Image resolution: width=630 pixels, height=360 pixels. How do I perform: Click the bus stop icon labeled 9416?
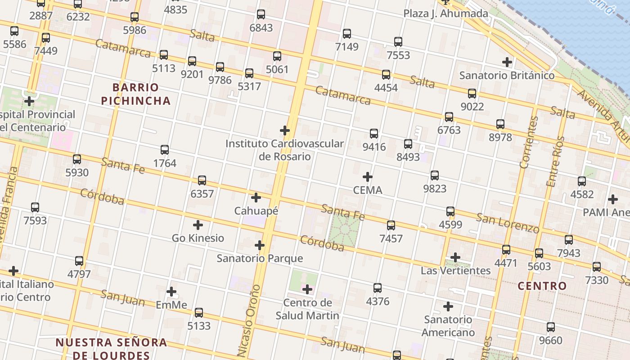tap(374, 134)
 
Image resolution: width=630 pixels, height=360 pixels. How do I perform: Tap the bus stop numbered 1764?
tap(165, 150)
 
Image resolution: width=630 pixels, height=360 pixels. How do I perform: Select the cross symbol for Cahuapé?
tap(256, 198)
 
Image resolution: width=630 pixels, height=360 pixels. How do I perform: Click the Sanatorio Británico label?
tap(507, 75)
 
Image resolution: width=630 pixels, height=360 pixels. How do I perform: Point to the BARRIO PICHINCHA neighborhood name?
tap(136, 94)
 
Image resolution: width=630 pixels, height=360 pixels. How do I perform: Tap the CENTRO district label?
tap(542, 286)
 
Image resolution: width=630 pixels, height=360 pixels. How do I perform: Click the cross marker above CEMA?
tap(368, 177)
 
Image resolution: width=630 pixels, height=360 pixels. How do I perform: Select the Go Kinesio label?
tap(198, 238)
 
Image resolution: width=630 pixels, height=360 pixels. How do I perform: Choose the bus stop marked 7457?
tap(391, 225)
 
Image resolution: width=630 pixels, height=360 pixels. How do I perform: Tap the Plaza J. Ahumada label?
tap(445, 13)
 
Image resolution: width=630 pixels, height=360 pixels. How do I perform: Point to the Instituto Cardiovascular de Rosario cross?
tap(285, 130)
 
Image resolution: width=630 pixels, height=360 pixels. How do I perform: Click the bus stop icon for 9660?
tap(551, 327)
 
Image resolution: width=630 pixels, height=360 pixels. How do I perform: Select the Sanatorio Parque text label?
tap(260, 258)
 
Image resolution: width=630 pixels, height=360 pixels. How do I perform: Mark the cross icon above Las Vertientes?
tap(455, 257)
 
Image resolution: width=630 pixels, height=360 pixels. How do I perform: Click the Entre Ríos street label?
tap(555, 161)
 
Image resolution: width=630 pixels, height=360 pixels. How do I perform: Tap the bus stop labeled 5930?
tap(77, 159)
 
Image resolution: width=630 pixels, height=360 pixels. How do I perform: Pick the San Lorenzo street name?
tap(508, 223)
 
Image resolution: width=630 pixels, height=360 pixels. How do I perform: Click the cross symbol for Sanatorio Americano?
tap(448, 306)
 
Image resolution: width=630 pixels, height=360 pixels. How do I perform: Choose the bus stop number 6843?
tap(261, 14)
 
